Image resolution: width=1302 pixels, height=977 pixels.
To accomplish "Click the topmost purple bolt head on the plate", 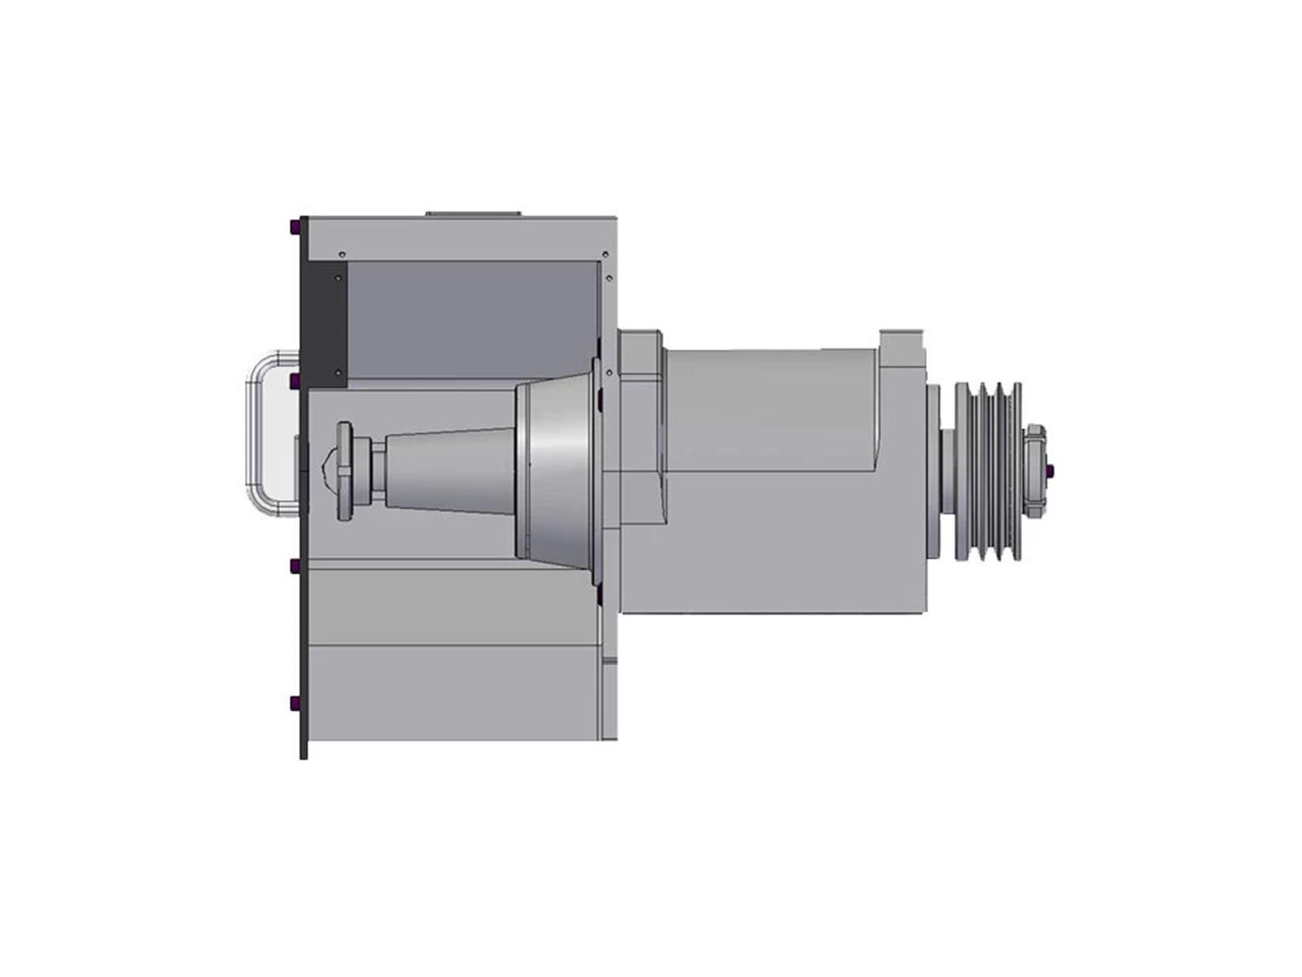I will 294,227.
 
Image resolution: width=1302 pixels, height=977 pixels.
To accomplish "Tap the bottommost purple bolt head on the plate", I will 294,703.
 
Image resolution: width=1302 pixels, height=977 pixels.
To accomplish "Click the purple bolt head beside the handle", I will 294,380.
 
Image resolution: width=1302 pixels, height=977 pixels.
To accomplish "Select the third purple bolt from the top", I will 294,565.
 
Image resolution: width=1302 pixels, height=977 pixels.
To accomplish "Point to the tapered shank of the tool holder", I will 448,471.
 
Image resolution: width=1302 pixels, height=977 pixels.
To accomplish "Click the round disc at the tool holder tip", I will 344,471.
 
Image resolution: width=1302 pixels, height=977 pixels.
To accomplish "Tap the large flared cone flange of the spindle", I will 557,471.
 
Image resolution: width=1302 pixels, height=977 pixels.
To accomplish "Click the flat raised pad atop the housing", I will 473,213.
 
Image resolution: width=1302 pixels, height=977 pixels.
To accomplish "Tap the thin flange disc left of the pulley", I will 933,471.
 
